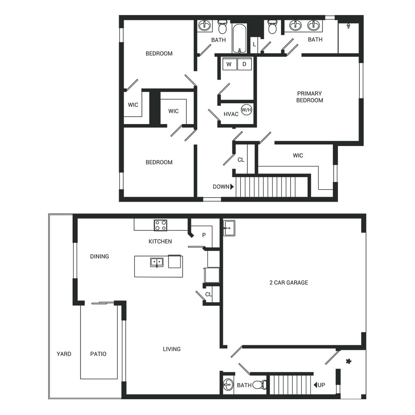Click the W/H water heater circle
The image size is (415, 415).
click(247, 110)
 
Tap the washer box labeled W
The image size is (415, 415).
click(229, 64)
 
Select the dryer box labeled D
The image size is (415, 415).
click(244, 64)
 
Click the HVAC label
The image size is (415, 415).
click(231, 114)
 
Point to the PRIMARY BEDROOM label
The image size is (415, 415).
click(310, 97)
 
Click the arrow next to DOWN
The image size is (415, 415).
click(232, 187)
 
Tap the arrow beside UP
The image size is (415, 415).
click(315, 385)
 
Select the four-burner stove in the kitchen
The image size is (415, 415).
click(161, 225)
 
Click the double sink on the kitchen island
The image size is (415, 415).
click(157, 262)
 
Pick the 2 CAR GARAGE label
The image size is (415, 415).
click(289, 283)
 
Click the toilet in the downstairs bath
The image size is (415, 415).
click(259, 385)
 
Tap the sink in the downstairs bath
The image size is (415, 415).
click(228, 384)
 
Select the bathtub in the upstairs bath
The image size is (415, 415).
click(239, 39)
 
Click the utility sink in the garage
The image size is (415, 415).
click(229, 227)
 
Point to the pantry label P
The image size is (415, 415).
click(204, 235)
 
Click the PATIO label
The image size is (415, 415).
click(98, 354)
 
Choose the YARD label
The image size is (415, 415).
click(64, 354)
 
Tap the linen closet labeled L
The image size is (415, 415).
click(254, 45)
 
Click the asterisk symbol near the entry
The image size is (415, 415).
click(349, 361)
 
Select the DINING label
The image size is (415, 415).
click(100, 256)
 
